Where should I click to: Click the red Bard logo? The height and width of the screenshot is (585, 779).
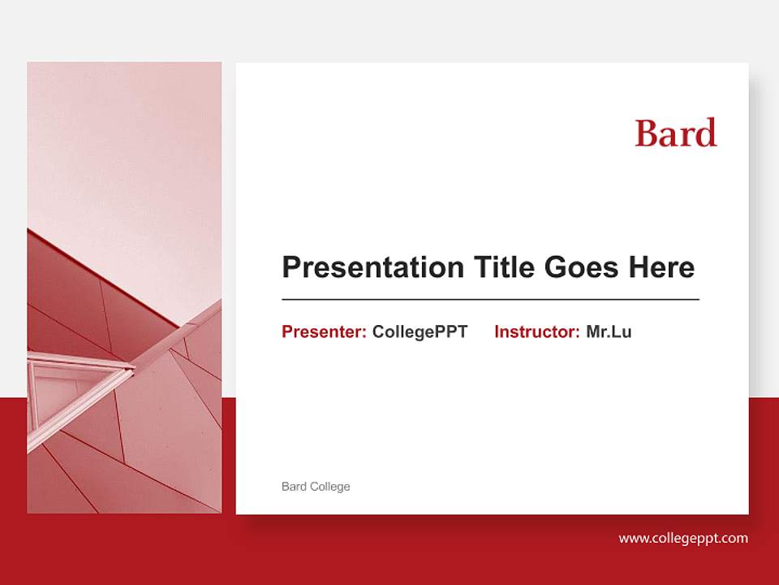(676, 132)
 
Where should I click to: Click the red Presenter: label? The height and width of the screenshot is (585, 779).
(324, 331)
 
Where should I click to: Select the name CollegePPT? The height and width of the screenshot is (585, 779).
(420, 331)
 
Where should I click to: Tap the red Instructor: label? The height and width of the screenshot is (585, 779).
(536, 331)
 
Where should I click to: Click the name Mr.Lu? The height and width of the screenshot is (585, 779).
(609, 331)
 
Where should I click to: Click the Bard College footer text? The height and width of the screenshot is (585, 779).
(316, 487)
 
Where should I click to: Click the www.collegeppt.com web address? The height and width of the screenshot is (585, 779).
(683, 538)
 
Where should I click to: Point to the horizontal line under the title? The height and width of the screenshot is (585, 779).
(490, 300)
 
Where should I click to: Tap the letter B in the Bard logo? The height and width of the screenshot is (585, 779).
(646, 133)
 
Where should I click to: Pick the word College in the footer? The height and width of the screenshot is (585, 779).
(330, 487)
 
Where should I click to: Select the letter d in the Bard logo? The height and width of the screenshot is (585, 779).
(708, 132)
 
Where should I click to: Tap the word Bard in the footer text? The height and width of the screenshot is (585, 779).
(294, 487)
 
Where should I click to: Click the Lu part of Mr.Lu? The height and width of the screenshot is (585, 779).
(622, 331)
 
